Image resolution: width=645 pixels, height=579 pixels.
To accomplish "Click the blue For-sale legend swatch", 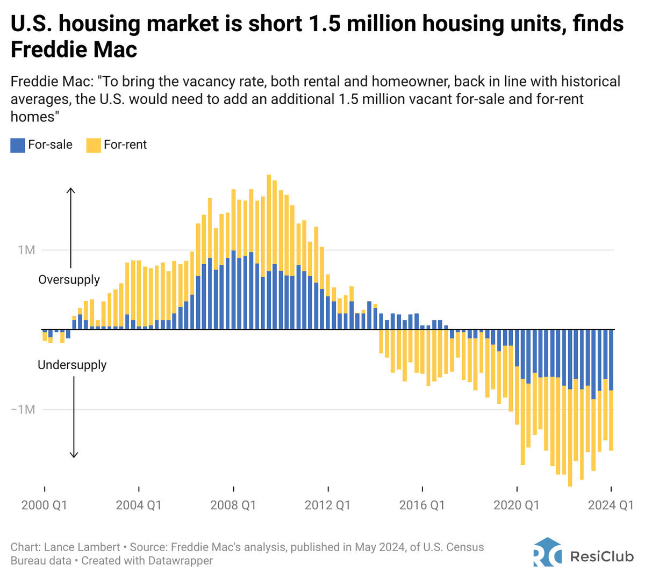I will pos(18,145).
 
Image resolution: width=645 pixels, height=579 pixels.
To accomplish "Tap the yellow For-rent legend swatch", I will pos(94,145).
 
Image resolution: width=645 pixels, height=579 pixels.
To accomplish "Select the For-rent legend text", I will pos(125,144).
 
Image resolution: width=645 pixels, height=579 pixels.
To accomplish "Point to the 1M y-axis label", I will pos(26,250).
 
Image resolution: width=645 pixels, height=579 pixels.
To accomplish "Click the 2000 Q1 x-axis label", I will pos(44,505).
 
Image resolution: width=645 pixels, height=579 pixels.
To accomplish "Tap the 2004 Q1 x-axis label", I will pos(139,505).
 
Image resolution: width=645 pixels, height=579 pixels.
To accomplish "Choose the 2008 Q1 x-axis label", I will pos(233,505).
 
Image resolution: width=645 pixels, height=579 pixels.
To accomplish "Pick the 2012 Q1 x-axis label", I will pos(327,505).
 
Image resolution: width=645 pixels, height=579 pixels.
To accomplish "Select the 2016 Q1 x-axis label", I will pos(422,505).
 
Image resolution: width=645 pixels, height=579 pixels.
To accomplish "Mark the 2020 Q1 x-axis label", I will pos(516,505).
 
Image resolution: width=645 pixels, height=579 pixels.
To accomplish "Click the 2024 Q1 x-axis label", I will pos(610,505).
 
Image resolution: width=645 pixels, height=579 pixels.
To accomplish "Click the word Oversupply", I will pos(69,280).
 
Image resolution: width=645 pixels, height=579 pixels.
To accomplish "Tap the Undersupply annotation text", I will pos(72,365).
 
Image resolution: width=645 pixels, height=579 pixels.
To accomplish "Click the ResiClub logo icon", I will pos(547,552).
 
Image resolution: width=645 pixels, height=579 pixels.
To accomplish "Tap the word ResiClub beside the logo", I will pos(601,556).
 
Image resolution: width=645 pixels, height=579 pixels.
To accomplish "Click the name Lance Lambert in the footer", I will pos(82,547).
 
